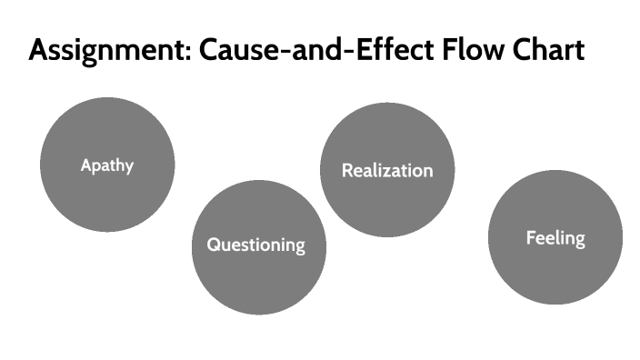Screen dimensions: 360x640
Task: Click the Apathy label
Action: pos(106,165)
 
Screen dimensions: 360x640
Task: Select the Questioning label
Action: pos(255,245)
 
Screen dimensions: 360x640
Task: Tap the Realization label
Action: pos(387,170)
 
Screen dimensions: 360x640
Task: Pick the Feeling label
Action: pos(555,238)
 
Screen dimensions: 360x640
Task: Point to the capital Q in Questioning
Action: pos(214,244)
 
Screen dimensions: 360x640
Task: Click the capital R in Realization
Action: pos(347,170)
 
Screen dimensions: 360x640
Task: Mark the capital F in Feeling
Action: pos(531,237)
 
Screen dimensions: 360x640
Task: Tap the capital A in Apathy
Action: pos(85,165)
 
